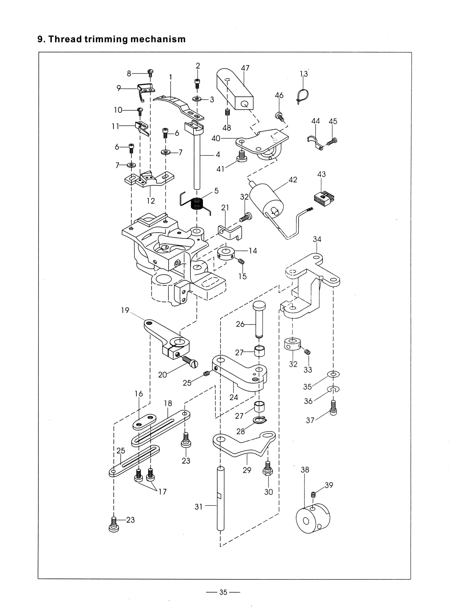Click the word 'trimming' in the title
click(x=106, y=40)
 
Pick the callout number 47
click(x=245, y=68)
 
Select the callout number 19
click(x=125, y=310)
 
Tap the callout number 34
click(x=317, y=239)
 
